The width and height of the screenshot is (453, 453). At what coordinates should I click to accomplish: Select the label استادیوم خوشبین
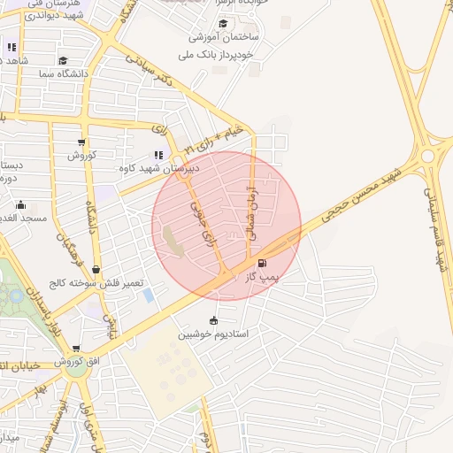click(212, 334)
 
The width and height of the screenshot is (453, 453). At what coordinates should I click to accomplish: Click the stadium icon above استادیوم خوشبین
click(212, 320)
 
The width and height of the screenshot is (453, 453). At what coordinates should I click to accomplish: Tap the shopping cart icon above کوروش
click(81, 142)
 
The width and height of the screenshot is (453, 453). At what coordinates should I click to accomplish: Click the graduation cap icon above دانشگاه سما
click(63, 61)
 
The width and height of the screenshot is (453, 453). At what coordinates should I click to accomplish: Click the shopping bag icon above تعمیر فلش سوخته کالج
click(96, 270)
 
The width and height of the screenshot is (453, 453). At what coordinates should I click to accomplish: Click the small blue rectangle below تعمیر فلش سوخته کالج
click(147, 294)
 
